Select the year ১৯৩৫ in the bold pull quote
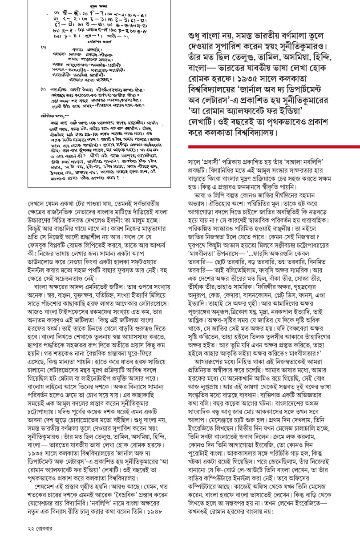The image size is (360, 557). pos(235,82)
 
